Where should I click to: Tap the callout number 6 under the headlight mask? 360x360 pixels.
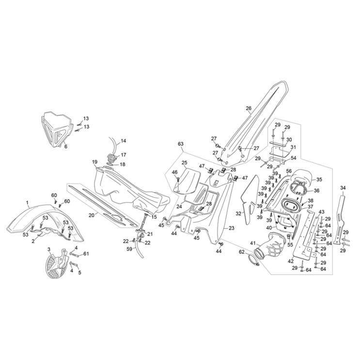tap(66, 146)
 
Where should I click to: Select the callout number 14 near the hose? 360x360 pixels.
tap(123, 141)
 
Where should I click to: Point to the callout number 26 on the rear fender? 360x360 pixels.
tap(249, 108)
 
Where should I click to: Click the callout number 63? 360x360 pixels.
tap(181, 144)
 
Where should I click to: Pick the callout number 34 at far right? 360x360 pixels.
tap(343, 188)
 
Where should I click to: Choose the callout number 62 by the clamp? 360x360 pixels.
tap(241, 252)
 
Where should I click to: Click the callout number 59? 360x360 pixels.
tap(129, 250)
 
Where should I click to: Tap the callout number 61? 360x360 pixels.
tap(86, 253)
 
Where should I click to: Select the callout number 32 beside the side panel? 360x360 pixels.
tap(239, 213)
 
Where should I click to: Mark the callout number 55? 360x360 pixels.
tap(291, 245)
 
